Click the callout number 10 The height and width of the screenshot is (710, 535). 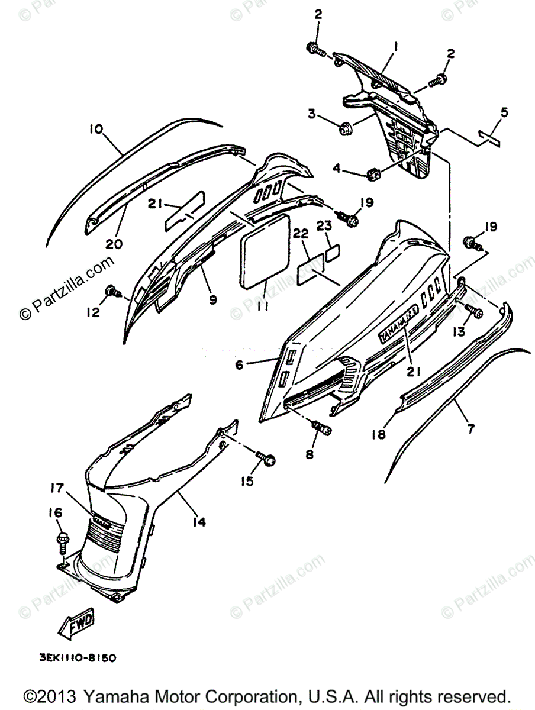(96, 129)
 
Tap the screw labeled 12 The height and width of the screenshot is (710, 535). (111, 290)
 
